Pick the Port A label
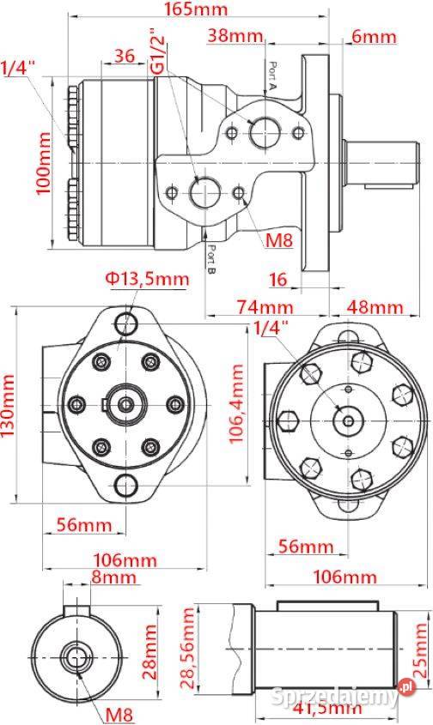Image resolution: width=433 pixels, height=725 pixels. coord(271,76)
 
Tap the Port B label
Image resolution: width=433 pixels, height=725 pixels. coord(211,258)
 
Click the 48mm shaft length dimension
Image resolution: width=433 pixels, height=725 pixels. coord(375,306)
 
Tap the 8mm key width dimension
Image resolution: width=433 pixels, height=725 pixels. coord(114,577)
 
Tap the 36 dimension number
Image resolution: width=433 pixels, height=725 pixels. coord(125,56)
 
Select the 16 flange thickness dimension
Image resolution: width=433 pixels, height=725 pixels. coord(277,280)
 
